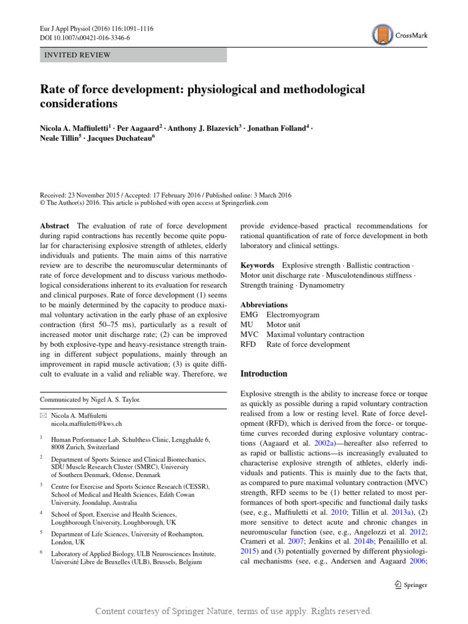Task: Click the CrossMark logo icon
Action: click(382, 36)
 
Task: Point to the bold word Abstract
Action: click(55, 225)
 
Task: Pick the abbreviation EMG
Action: click(250, 315)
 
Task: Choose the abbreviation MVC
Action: click(250, 335)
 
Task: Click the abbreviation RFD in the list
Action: click(250, 344)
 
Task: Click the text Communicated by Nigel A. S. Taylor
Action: click(90, 400)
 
